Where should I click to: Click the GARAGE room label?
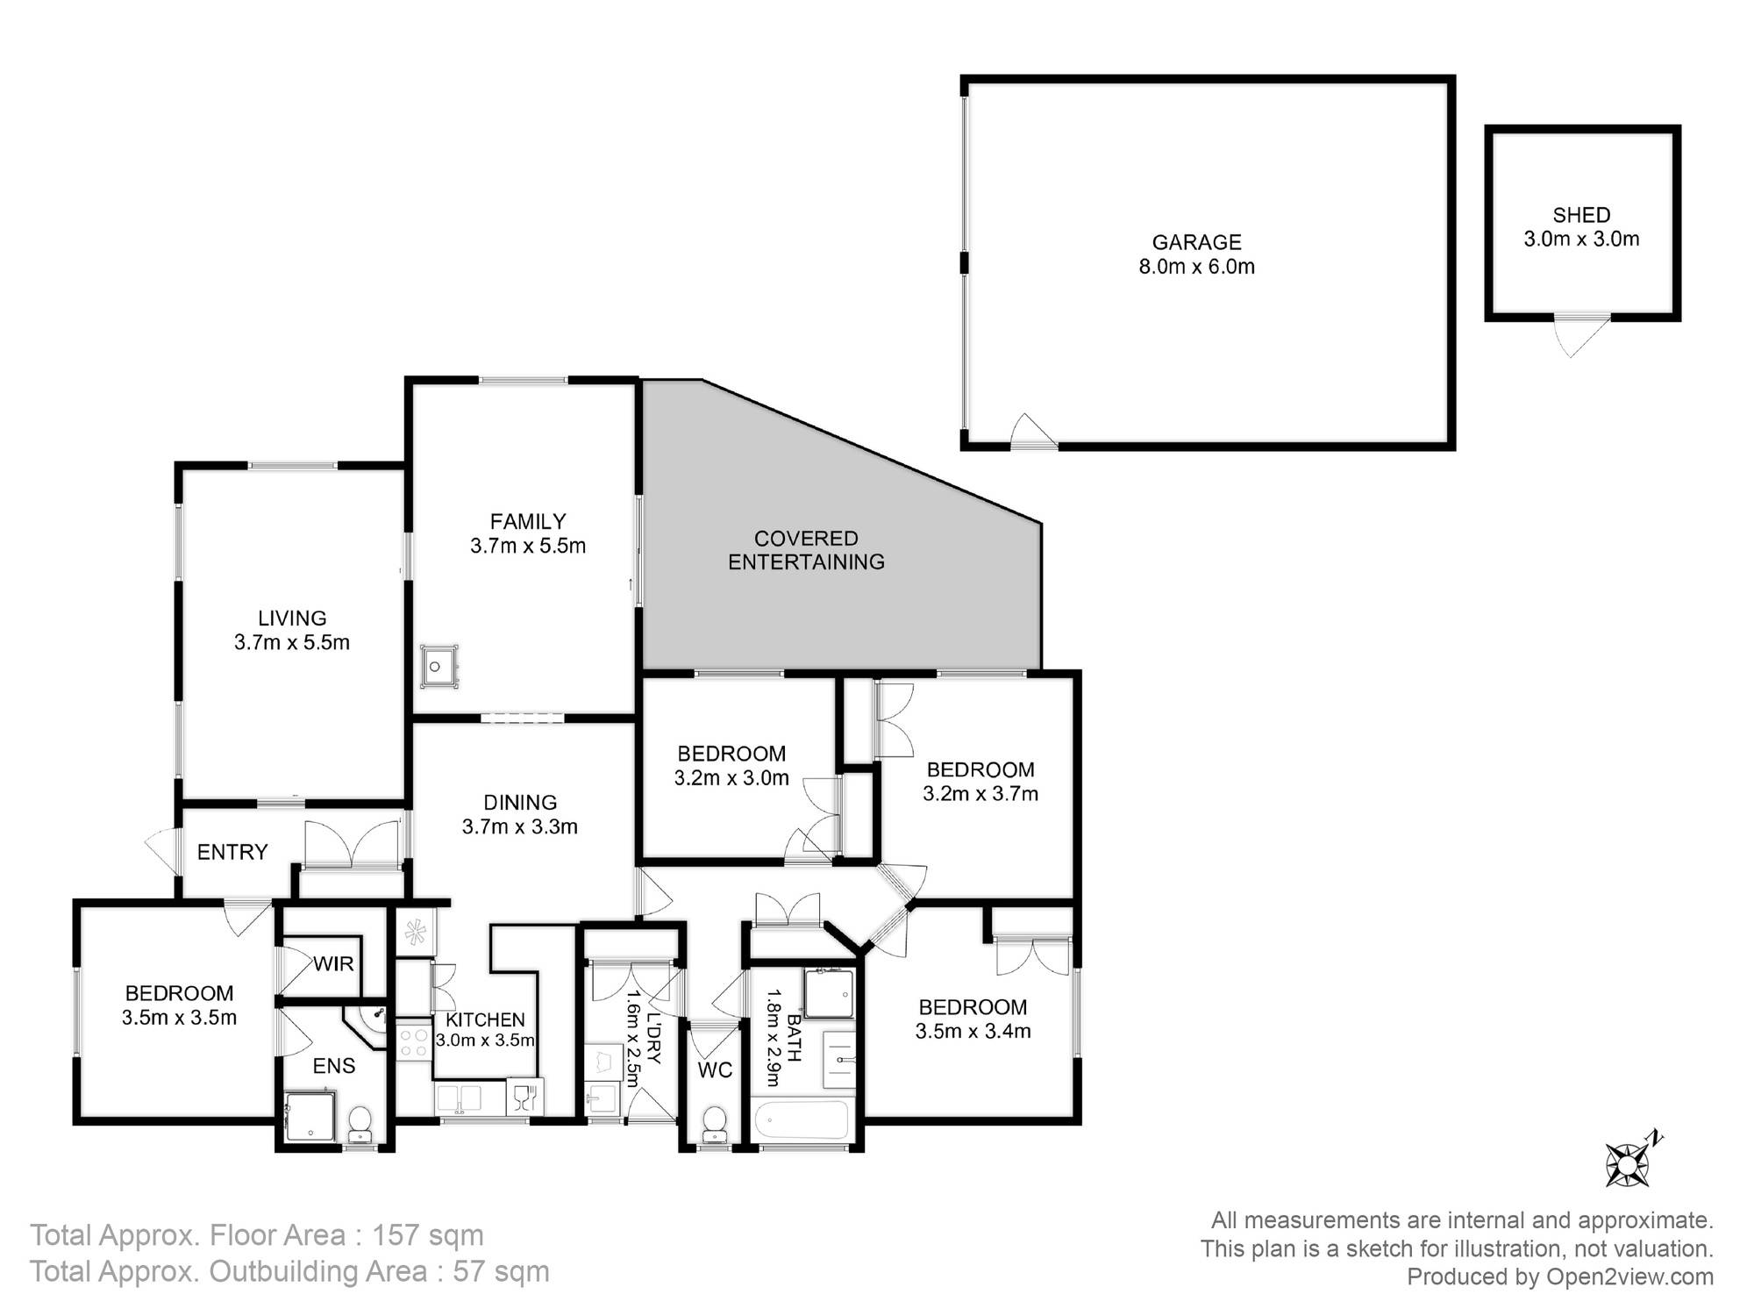(1196, 242)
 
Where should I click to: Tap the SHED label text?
(1581, 215)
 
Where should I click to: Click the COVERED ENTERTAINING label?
(806, 550)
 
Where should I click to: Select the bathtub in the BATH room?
(802, 1120)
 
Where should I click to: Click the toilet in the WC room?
(715, 1123)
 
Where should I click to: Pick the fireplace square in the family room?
(438, 665)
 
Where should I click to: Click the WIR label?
(333, 963)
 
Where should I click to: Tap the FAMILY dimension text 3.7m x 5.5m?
(528, 546)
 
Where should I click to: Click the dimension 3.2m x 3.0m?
(731, 777)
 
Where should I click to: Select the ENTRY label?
(232, 852)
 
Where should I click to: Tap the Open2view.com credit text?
(1629, 1277)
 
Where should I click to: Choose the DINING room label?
(520, 802)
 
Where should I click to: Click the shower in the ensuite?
(310, 1117)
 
